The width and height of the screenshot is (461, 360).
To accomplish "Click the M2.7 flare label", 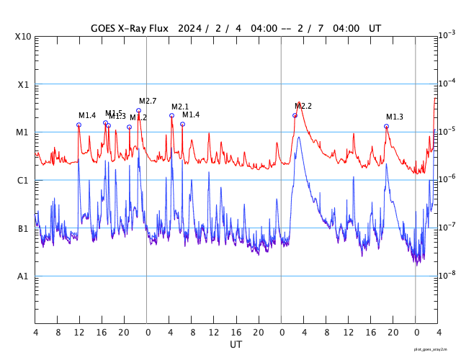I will [x=148, y=101].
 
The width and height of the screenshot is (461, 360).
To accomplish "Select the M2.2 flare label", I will [x=303, y=106].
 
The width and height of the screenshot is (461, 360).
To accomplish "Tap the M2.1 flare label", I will [x=180, y=107].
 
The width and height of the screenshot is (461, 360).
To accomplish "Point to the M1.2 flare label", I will [x=138, y=117].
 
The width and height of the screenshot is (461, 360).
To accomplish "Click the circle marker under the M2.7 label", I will [x=139, y=110].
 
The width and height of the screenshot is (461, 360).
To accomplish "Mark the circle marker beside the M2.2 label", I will [x=295, y=115].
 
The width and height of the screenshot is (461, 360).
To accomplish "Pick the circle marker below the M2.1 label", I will [x=171, y=115].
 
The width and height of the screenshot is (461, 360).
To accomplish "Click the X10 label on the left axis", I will [x=24, y=36].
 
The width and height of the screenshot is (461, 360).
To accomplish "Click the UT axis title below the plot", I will [x=236, y=344].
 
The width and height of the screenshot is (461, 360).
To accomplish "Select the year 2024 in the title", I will [x=189, y=28].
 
